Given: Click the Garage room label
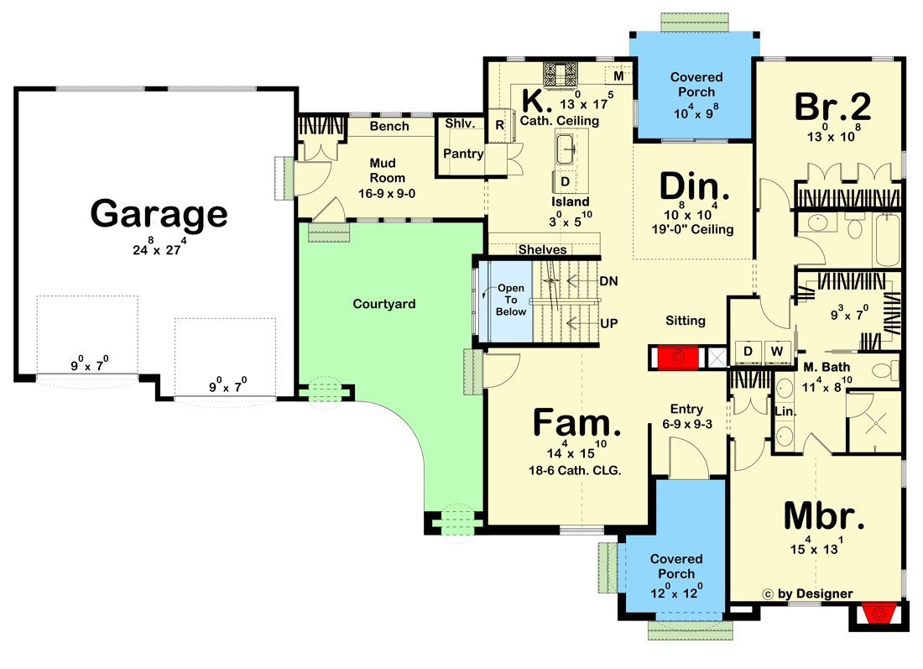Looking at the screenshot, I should coord(159,214).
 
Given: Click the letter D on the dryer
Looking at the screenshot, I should coord(747,349).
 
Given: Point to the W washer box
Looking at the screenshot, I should coord(777,349).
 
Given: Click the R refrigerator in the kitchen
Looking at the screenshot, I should coord(499,125).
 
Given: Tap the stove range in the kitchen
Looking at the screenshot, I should coord(556,75).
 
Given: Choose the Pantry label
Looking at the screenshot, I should coord(462,154).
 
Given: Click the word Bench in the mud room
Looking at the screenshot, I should coord(389,126).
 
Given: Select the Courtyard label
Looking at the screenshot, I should coord(383,304).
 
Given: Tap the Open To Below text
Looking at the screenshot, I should coord(511,300).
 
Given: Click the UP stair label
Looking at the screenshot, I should coord(609,321).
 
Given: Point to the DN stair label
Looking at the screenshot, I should coord(609,281).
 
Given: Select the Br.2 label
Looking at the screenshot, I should coord(832,107).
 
